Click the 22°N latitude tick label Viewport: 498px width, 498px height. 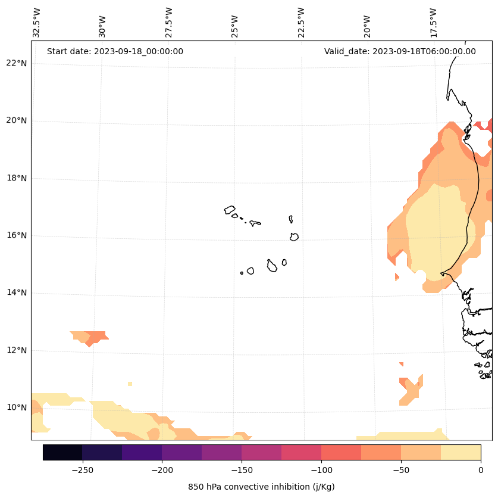[17, 63]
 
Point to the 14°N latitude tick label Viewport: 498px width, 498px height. [17, 292]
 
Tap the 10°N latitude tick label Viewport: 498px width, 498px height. [17, 407]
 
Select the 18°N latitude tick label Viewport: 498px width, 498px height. [17, 178]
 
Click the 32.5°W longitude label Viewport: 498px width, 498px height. [37, 23]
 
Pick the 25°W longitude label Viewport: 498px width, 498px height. [235, 26]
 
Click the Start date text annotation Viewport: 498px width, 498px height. [115, 51]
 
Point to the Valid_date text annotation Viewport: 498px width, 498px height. [400, 51]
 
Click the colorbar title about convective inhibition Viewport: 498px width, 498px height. [261, 487]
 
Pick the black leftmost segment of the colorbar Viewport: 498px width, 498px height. [62, 452]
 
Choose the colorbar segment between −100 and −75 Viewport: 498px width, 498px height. [341, 452]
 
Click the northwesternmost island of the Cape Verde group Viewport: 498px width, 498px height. [230, 210]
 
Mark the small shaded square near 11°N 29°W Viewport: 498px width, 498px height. [130, 384]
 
